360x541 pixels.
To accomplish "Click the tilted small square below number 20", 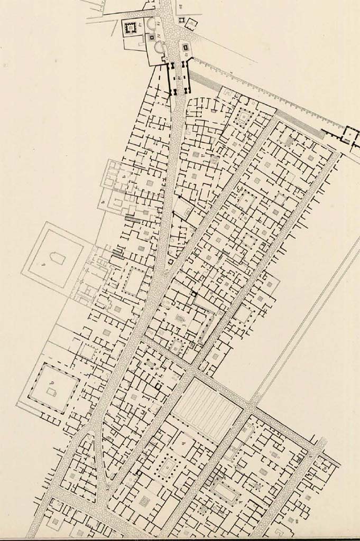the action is tap(190, 24).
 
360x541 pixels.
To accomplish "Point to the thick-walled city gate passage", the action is tap(179, 78).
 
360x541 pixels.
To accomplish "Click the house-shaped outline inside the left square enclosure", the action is tap(58, 258).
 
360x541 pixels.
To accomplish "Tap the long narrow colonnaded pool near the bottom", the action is tap(226, 493).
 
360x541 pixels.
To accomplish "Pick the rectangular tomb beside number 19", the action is tap(186, 48).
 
